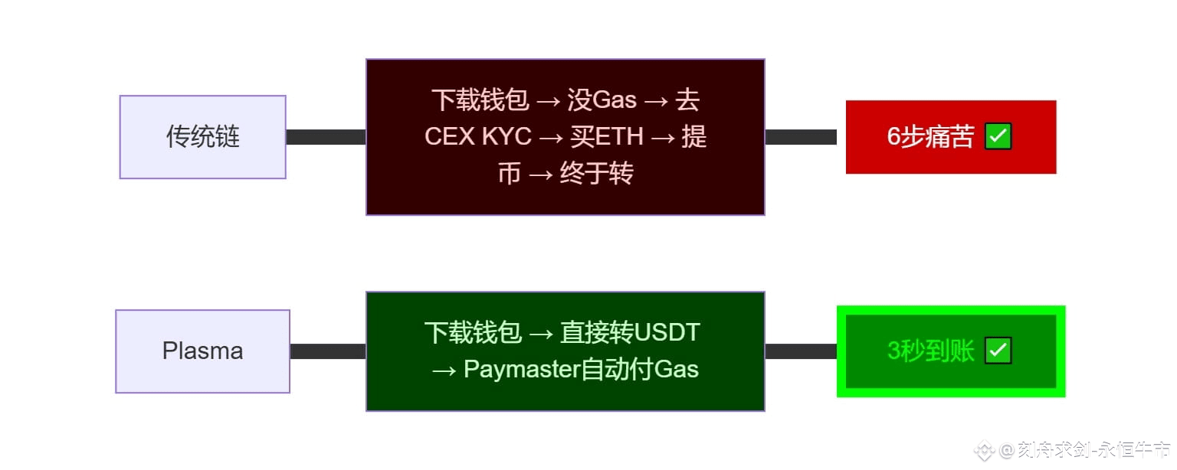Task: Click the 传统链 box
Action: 202,137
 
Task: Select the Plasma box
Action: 202,351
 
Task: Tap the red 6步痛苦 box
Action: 950,137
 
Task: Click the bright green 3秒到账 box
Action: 950,351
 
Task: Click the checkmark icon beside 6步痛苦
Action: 998,137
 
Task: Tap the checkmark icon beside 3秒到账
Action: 998,351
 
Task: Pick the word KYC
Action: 507,137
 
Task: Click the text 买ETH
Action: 608,137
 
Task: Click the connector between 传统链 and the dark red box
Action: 326,137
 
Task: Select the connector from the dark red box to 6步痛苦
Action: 801,137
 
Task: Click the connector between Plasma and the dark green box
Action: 328,351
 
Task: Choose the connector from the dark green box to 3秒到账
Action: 801,351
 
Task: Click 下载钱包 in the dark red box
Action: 480,100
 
